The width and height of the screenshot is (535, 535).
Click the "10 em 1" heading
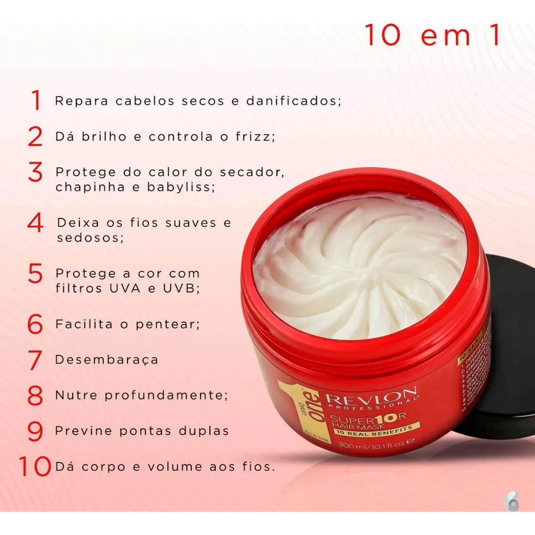tap(432, 36)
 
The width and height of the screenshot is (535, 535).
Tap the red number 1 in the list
tap(36, 100)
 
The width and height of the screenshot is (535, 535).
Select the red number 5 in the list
tap(35, 274)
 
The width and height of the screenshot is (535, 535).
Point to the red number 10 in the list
tap(36, 467)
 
